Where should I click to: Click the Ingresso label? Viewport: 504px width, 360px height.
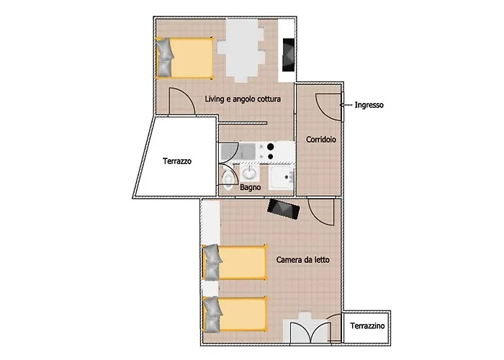[x=369, y=105]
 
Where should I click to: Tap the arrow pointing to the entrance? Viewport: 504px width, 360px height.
[x=346, y=105]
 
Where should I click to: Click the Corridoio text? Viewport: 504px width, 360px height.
[x=321, y=140]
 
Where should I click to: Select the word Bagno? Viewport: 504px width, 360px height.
[x=250, y=187]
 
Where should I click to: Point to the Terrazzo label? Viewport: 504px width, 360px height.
[x=177, y=161]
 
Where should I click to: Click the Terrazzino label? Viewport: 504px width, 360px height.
[x=367, y=326]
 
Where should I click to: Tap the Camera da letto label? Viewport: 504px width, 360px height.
[x=303, y=259]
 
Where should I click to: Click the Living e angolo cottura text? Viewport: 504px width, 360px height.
[x=243, y=99]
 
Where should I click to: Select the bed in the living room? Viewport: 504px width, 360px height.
[x=184, y=58]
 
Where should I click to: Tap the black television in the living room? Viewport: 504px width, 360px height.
[x=288, y=55]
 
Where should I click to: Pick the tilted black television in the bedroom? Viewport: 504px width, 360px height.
[x=284, y=209]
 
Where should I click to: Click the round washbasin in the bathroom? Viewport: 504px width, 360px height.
[x=249, y=174]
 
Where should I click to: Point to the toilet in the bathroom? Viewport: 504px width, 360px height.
[x=228, y=179]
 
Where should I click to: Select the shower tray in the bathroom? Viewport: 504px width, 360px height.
[x=281, y=177]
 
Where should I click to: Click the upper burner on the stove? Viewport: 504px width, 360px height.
[x=271, y=147]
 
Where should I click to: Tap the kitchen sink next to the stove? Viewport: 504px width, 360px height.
[x=238, y=151]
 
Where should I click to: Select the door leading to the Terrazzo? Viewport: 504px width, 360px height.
[x=181, y=101]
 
